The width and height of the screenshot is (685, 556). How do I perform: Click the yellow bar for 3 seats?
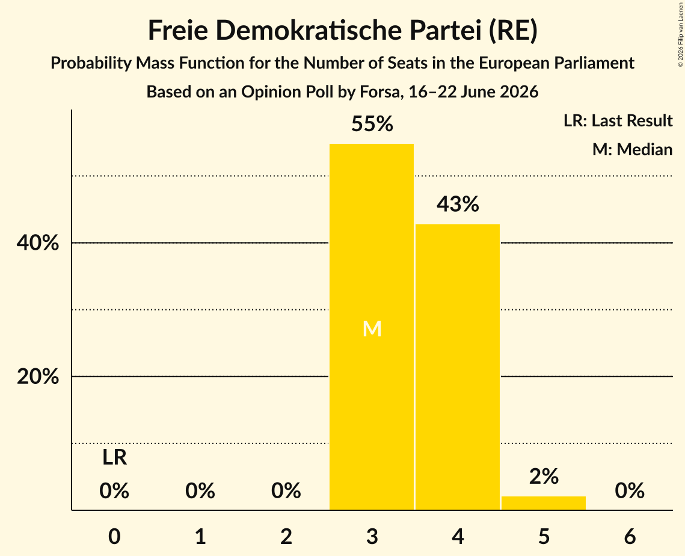(371, 327)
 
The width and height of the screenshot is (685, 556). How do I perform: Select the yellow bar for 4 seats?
(458, 366)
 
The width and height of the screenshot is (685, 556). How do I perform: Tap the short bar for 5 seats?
(544, 503)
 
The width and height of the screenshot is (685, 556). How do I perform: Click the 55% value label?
(372, 124)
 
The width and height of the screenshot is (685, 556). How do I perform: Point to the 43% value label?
(458, 204)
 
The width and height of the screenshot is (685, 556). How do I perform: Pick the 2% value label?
(544, 477)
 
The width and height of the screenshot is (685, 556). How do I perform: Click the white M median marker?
(372, 329)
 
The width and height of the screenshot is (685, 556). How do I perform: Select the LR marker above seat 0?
(114, 458)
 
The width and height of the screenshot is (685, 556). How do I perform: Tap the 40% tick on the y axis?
(37, 243)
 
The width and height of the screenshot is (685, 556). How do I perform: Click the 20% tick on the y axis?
(37, 376)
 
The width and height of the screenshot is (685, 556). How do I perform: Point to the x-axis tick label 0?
(114, 537)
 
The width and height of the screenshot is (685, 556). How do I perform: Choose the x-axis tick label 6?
(630, 537)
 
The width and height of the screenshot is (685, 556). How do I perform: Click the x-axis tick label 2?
(286, 537)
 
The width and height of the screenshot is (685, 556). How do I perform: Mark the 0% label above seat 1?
(200, 491)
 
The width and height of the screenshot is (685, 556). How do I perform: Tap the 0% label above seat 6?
(630, 491)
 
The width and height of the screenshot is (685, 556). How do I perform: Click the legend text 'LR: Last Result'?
(618, 120)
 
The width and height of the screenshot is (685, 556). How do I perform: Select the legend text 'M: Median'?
(633, 149)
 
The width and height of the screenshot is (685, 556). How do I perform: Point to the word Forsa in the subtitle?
(379, 92)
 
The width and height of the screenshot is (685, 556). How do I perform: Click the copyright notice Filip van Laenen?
(680, 34)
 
